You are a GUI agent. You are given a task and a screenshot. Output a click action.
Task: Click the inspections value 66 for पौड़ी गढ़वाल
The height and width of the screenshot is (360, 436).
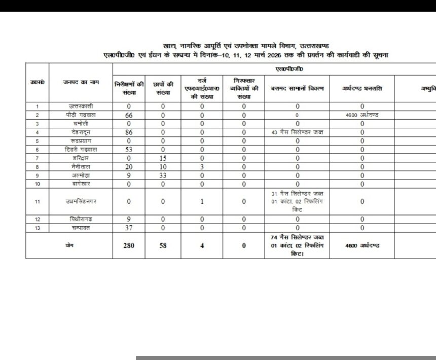tap(129, 115)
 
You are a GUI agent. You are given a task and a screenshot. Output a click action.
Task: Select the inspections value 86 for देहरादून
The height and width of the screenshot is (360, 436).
tap(129, 132)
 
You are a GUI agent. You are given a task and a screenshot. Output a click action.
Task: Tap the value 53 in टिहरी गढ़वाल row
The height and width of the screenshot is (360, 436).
tap(129, 149)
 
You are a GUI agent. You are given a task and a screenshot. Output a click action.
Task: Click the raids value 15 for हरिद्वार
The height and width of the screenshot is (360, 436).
tap(163, 158)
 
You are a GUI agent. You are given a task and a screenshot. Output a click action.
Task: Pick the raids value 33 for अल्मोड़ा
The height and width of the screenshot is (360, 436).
tap(163, 175)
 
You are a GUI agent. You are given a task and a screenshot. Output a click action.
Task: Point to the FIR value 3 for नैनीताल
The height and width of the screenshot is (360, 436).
tap(202, 166)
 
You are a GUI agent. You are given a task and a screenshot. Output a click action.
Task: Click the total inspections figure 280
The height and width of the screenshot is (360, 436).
tap(129, 245)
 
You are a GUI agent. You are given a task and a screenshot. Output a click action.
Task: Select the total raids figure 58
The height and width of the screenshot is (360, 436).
tap(163, 245)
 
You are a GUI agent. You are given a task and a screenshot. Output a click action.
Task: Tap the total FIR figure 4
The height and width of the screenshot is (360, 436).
tap(202, 245)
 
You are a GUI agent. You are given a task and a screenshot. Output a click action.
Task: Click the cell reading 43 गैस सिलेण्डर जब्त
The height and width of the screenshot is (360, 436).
tap(298, 132)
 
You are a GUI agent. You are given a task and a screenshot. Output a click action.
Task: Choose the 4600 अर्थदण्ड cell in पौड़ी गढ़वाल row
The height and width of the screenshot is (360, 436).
tap(362, 115)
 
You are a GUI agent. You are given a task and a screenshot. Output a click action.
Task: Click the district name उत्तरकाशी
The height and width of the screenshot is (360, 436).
tap(81, 106)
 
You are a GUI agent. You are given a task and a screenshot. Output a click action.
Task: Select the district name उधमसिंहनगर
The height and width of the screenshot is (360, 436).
tap(81, 201)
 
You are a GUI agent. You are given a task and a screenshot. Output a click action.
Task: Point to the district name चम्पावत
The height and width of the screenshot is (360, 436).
tap(81, 228)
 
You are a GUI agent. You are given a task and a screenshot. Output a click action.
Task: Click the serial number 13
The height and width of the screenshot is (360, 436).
tap(38, 228)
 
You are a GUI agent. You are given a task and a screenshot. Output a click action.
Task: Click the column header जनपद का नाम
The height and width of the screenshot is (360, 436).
tap(81, 82)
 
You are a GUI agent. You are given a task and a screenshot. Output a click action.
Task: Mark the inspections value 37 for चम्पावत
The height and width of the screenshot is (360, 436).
tap(129, 228)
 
